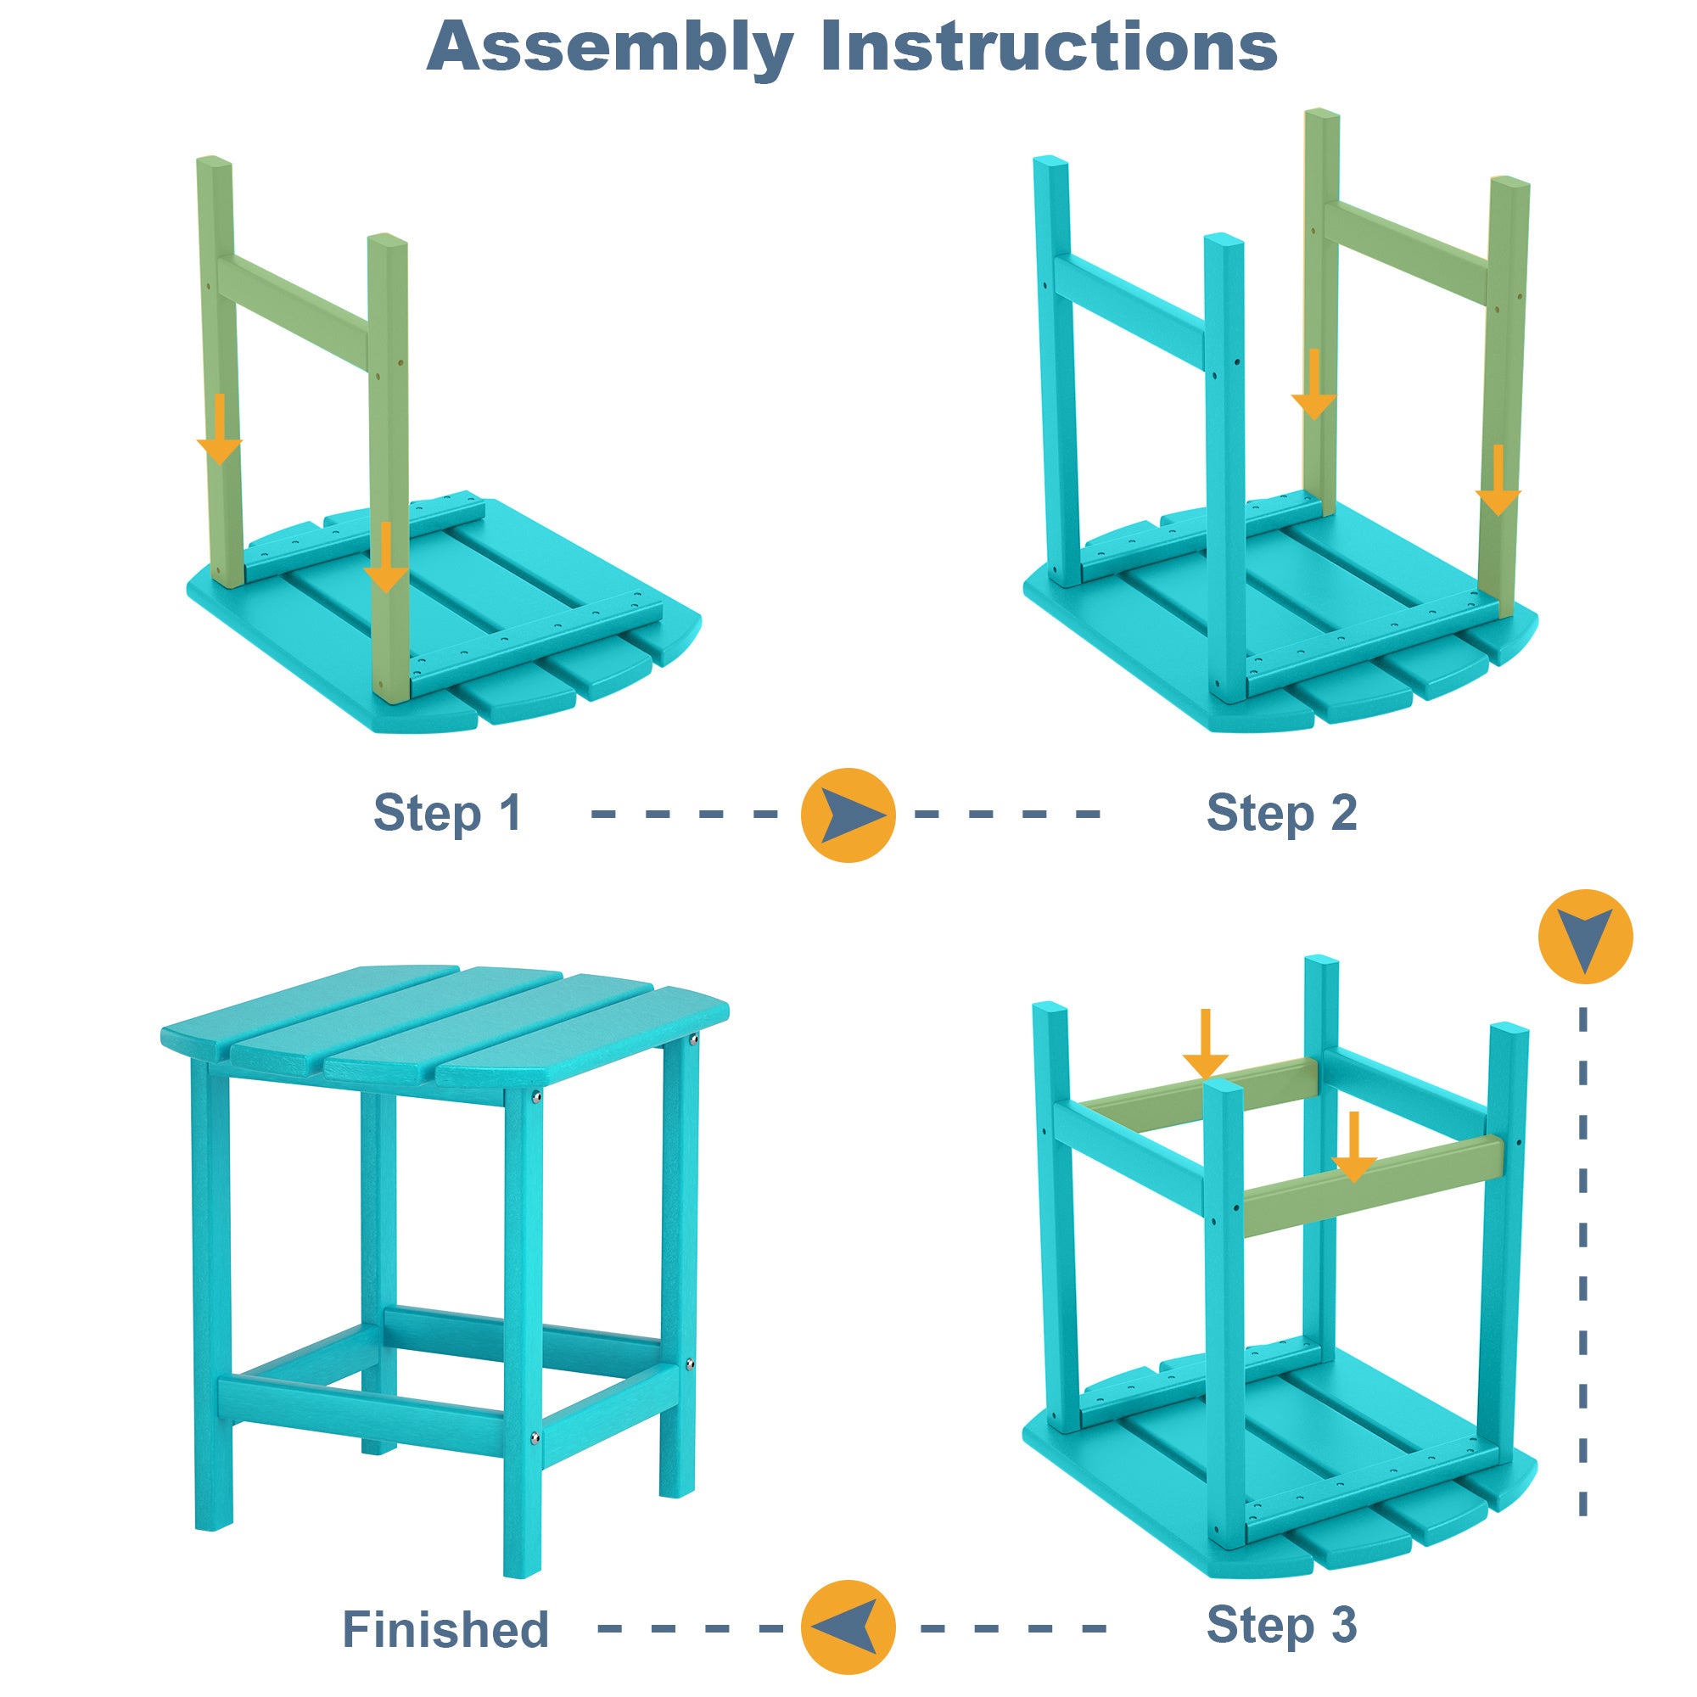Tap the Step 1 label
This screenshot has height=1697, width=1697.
tap(447, 813)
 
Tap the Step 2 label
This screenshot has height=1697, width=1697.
tap(1281, 813)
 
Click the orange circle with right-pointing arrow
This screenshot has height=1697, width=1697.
tap(848, 815)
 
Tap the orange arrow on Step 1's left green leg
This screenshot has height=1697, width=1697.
tap(220, 430)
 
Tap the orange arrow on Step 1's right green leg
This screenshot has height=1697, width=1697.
tap(385, 558)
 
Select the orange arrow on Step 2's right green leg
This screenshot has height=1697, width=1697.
tap(1498, 481)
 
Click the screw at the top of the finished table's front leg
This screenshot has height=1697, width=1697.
tap(534, 1096)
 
